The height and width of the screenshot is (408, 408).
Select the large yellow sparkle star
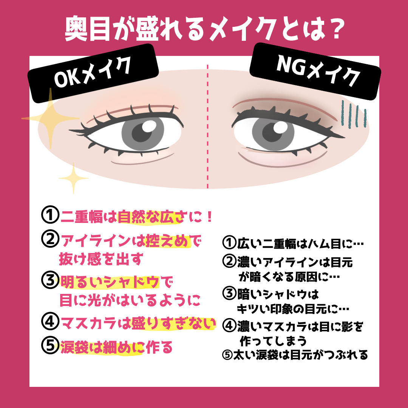pyautogui.click(x=50, y=118)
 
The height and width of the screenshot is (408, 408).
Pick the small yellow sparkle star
pyautogui.click(x=73, y=177)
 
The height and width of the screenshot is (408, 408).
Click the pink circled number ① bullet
pyautogui.click(x=49, y=217)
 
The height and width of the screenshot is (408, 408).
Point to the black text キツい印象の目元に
pyautogui.click(x=293, y=309)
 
